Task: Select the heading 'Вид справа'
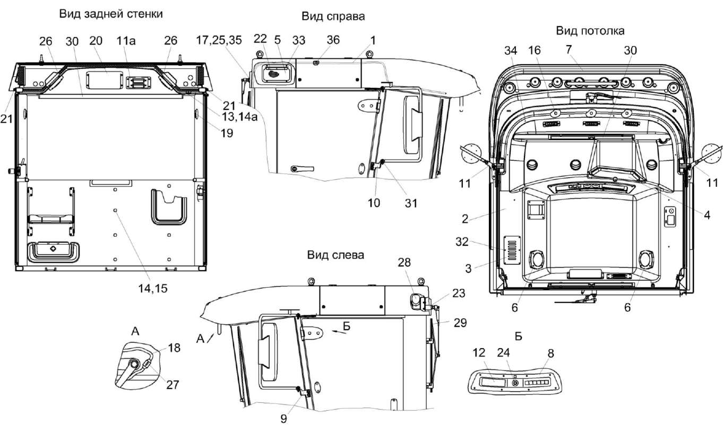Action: pos(333,16)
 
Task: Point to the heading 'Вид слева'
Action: pos(335,255)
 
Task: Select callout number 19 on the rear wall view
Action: pos(227,133)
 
